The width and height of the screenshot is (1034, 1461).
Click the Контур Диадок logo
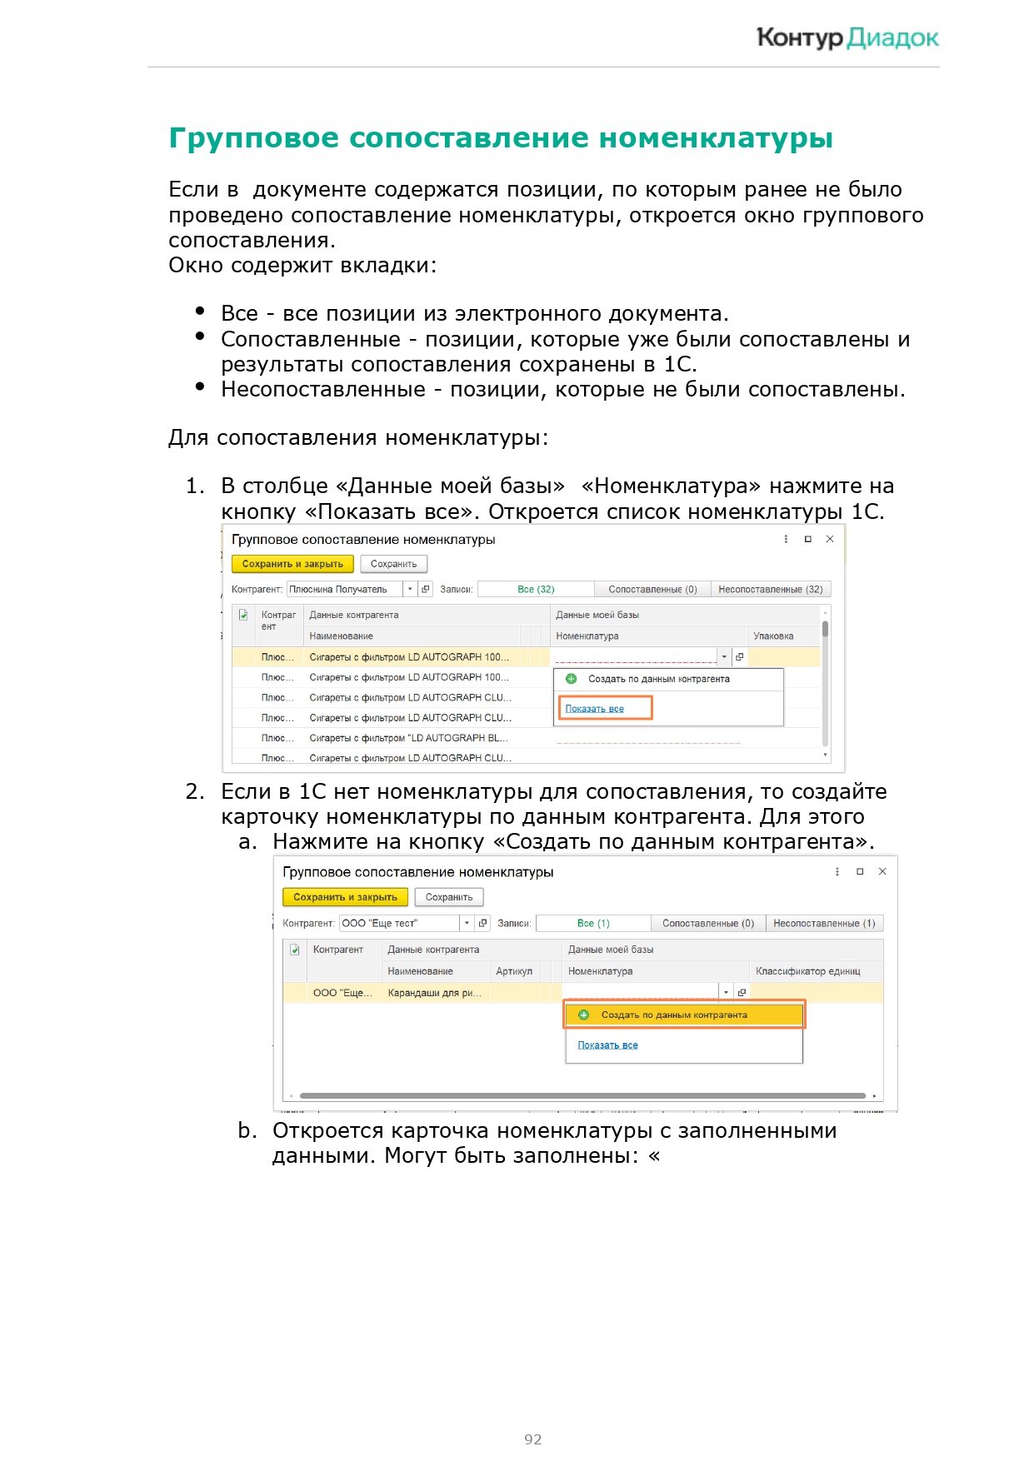coord(847,38)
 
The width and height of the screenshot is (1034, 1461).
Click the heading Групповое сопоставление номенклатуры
coord(500,138)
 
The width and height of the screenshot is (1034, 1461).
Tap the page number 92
coord(532,1439)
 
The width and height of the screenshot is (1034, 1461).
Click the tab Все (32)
coord(536,589)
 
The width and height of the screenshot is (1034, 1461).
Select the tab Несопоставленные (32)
coord(770,589)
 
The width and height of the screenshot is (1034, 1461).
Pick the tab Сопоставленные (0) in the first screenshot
coord(652,589)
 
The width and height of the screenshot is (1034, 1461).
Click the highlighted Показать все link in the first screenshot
coord(595,709)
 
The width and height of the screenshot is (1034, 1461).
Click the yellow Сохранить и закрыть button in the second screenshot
coord(345,897)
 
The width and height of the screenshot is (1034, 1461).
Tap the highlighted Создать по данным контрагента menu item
coord(674,1015)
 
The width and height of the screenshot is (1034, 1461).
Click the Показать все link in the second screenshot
coord(607,1045)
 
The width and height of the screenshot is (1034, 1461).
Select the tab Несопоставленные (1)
coord(823,923)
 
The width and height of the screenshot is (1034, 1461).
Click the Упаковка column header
coord(773,636)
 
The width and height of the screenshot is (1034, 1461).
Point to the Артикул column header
coord(513,971)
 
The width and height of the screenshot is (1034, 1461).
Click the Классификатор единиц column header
coord(807,971)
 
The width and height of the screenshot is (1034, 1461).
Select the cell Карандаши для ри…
coord(434,993)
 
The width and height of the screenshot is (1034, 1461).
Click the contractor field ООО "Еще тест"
coord(398,923)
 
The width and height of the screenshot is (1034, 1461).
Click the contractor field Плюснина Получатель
coord(343,589)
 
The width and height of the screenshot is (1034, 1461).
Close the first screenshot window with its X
coord(830,539)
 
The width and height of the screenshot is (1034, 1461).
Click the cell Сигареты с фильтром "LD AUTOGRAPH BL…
coord(408,738)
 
